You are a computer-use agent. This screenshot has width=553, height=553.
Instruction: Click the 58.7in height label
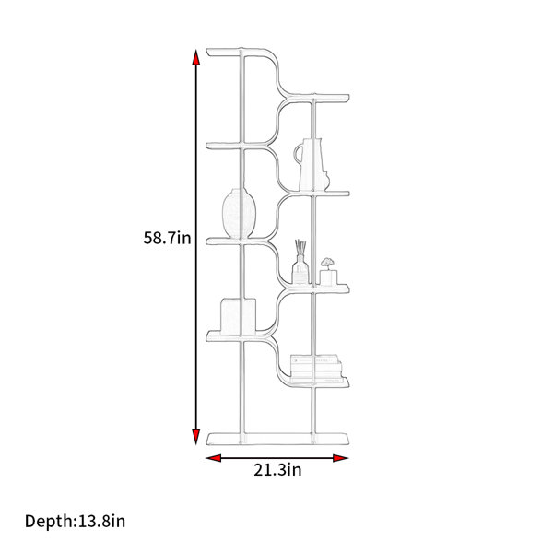pos(167,238)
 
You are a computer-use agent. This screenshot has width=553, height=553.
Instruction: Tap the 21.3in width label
pos(277,470)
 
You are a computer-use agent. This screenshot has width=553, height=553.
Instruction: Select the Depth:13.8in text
pos(76,522)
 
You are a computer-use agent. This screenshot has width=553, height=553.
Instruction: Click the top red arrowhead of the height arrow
pos(196,57)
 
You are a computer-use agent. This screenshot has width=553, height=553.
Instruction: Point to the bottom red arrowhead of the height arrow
pos(196,437)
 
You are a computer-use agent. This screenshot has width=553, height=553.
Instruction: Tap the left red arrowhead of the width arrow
pos(214,458)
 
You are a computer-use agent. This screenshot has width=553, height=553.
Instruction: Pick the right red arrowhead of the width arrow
pos(341,458)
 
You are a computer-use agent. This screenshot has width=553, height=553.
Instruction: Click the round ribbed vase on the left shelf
pos(239,214)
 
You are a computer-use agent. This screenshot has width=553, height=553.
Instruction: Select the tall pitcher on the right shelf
pos(312,165)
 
